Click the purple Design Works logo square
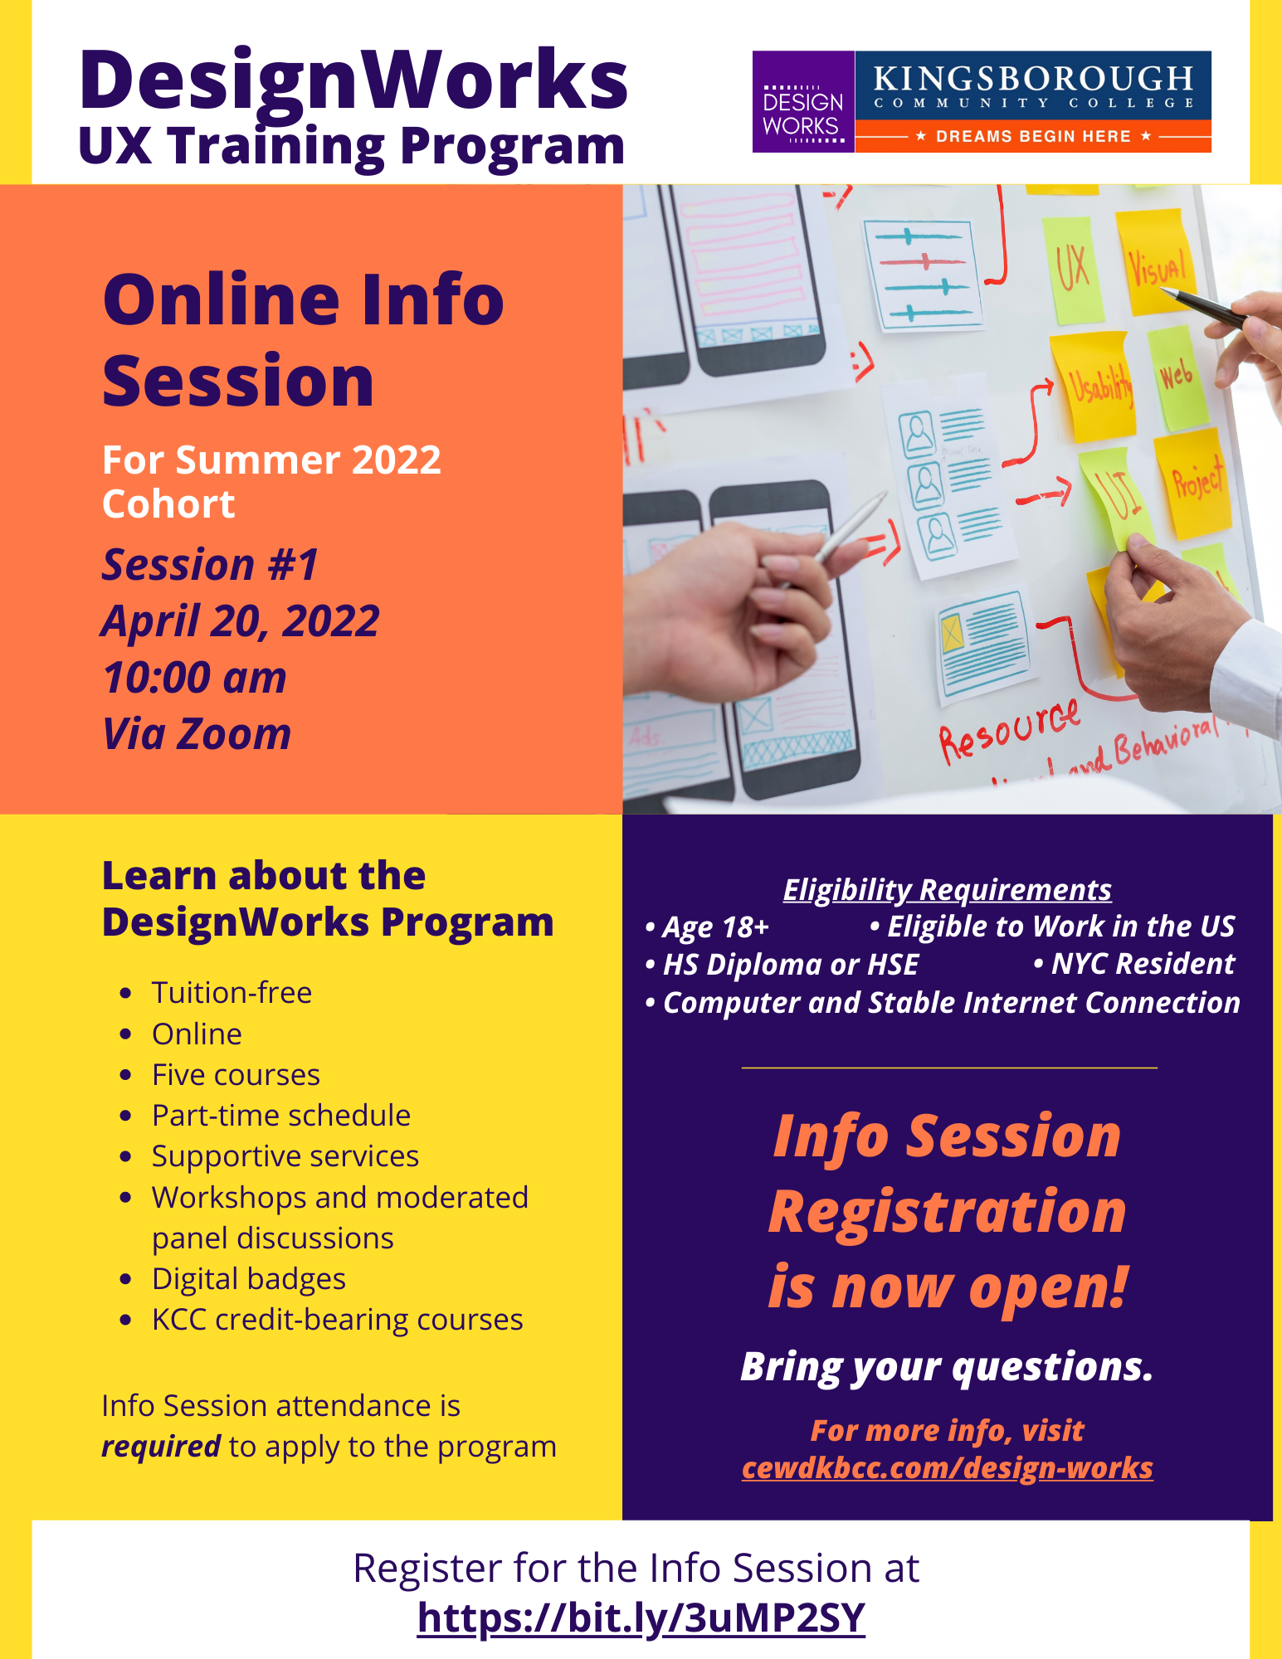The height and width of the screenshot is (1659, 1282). (803, 102)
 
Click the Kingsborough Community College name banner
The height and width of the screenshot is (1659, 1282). (1033, 85)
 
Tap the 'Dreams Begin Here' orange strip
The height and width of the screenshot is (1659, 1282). (1033, 136)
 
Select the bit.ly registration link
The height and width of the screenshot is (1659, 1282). (641, 1618)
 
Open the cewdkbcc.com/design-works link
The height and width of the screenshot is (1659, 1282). (947, 1467)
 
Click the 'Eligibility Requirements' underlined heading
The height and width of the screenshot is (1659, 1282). (947, 889)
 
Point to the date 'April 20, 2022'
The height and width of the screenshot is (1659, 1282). (240, 621)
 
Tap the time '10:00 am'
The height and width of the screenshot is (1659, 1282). (194, 678)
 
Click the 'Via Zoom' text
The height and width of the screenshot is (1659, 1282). (197, 734)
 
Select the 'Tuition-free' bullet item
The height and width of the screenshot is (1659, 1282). (232, 992)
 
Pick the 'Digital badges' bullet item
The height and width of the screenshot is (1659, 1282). (249, 1279)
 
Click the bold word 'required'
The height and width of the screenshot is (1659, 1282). (161, 1447)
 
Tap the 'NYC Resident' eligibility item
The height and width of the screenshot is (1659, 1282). (1134, 963)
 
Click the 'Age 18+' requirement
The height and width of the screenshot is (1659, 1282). (707, 927)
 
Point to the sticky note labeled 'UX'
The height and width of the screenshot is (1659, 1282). (1072, 270)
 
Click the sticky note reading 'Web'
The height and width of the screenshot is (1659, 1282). (1177, 377)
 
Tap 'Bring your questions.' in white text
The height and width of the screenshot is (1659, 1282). (947, 1367)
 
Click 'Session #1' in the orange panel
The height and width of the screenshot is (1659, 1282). (210, 565)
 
